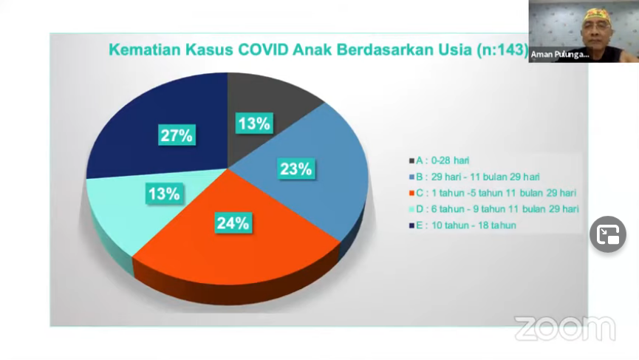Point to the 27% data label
point(177,135)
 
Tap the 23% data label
point(295,169)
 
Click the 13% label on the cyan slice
point(163,194)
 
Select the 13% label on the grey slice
point(253,123)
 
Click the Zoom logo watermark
point(564,328)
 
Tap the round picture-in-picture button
point(608,235)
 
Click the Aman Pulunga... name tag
point(559,54)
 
